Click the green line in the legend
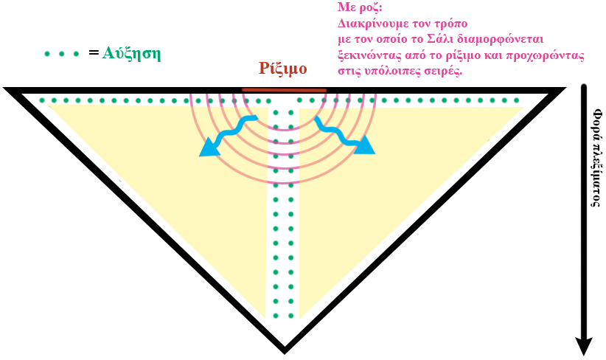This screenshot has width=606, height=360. [61, 54]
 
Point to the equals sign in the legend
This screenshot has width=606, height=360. [91, 53]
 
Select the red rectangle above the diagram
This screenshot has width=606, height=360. [282, 69]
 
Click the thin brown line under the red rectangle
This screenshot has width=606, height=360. [284, 90]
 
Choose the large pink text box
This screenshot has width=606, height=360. [457, 38]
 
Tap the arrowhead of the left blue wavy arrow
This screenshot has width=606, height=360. [207, 150]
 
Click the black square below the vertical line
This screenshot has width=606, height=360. [583, 345]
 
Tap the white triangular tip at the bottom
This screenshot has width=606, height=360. [284, 336]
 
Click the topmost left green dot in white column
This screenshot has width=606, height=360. [276, 113]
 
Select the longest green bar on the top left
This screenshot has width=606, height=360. [84, 100]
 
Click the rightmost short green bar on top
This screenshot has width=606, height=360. [504, 100]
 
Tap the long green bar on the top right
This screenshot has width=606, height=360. [438, 100]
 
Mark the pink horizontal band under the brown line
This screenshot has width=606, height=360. [283, 99]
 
